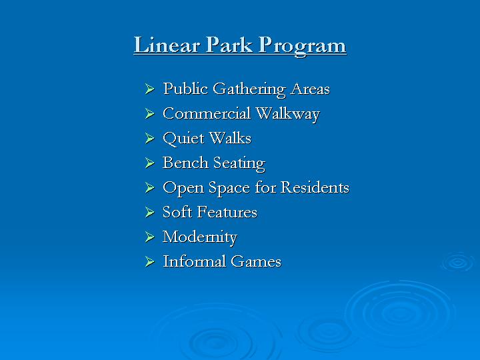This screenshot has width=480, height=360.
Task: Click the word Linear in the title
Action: click(167, 45)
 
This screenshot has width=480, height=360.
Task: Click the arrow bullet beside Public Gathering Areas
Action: click(150, 89)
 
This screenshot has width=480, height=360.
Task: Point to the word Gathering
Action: click(249, 90)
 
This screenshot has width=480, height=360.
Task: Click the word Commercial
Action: click(207, 113)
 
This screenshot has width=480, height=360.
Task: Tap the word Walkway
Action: click(288, 114)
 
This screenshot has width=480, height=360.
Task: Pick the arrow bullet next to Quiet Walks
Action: click(150, 138)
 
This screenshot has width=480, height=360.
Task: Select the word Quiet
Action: click(183, 139)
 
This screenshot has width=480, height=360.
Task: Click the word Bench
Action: click(185, 163)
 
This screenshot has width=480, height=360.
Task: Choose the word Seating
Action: click(239, 163)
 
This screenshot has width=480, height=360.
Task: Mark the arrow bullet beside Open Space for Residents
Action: click(150, 187)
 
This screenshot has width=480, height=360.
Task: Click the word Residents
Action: click(315, 187)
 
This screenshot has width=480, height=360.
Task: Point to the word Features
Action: click(227, 212)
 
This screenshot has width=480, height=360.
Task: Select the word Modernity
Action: click(200, 237)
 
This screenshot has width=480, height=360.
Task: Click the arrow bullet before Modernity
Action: click(150, 237)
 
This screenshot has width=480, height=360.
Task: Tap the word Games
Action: click(256, 261)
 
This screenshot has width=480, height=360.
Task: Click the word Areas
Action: click(310, 89)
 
